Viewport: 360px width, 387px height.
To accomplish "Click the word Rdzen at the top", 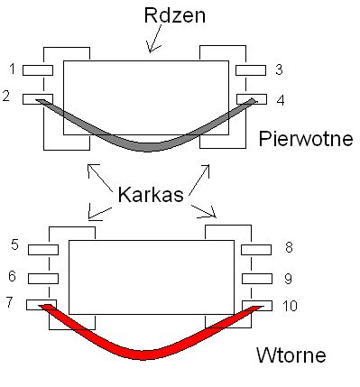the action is tap(175, 15).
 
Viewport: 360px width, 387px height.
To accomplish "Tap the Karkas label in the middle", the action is tap(151, 194).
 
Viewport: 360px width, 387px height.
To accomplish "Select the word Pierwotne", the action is tap(306, 139).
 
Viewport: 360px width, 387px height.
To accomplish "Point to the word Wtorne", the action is tap(291, 355).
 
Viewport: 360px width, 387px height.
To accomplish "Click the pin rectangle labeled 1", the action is tap(38, 70).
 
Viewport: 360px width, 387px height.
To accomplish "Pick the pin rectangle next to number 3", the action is tap(251, 70).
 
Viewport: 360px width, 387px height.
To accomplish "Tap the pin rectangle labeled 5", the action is tap(43, 250).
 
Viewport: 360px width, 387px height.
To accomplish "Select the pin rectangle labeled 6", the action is tap(43, 279).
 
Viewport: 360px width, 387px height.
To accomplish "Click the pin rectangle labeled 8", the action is tap(256, 250).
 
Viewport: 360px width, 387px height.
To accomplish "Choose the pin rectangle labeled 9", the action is tap(257, 279).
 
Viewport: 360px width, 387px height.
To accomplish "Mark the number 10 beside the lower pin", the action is tap(291, 306).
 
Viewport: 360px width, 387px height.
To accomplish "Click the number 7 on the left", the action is tap(10, 302).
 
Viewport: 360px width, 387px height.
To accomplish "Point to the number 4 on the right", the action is tap(281, 100).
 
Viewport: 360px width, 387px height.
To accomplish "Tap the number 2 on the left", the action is tap(5, 96).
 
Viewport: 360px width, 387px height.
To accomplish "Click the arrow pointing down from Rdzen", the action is tap(155, 38).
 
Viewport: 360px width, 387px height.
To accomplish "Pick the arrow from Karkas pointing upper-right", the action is tap(199, 180).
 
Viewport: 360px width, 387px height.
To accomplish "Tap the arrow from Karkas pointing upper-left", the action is tap(99, 178).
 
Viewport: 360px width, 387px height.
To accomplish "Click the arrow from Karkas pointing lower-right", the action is tap(204, 211).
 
